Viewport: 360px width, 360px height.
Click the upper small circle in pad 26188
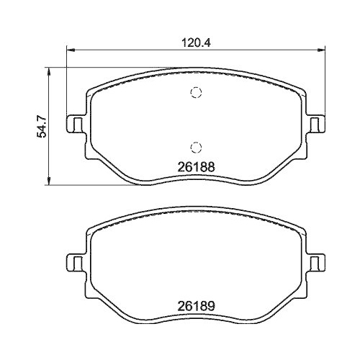194,91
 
